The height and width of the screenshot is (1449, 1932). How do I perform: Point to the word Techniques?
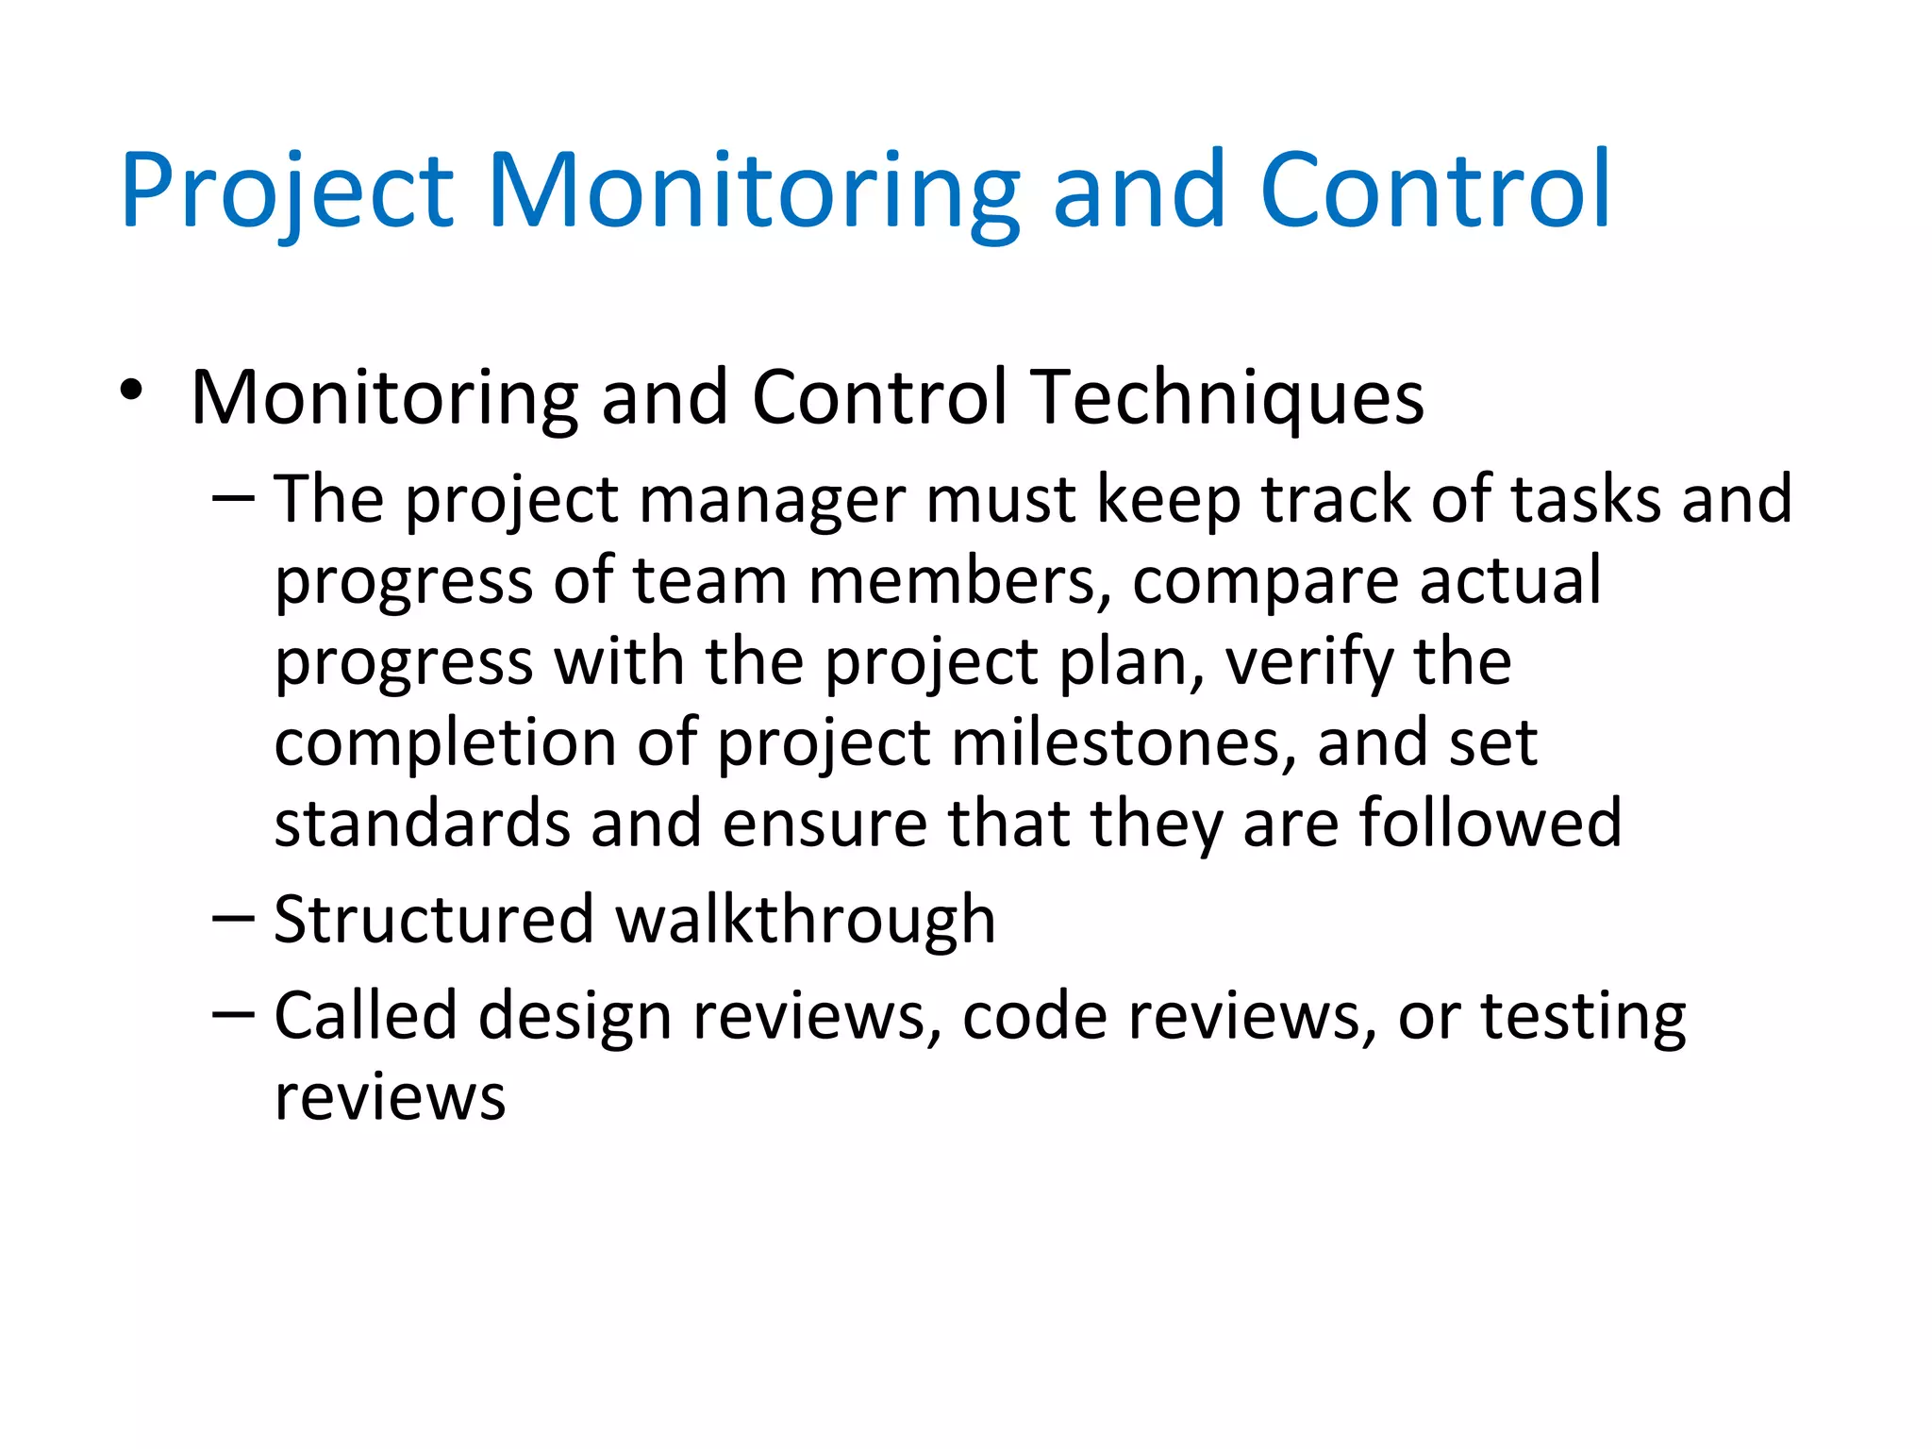[x=1226, y=398]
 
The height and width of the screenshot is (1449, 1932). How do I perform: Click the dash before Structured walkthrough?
[x=233, y=918]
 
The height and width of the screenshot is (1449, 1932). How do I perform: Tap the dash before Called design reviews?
[x=233, y=1015]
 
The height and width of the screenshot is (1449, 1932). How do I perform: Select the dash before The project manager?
[x=233, y=497]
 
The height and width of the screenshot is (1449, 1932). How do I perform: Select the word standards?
[x=423, y=823]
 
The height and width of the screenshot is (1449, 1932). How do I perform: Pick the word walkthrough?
[x=806, y=920]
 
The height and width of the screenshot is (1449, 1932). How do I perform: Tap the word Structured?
[x=434, y=920]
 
